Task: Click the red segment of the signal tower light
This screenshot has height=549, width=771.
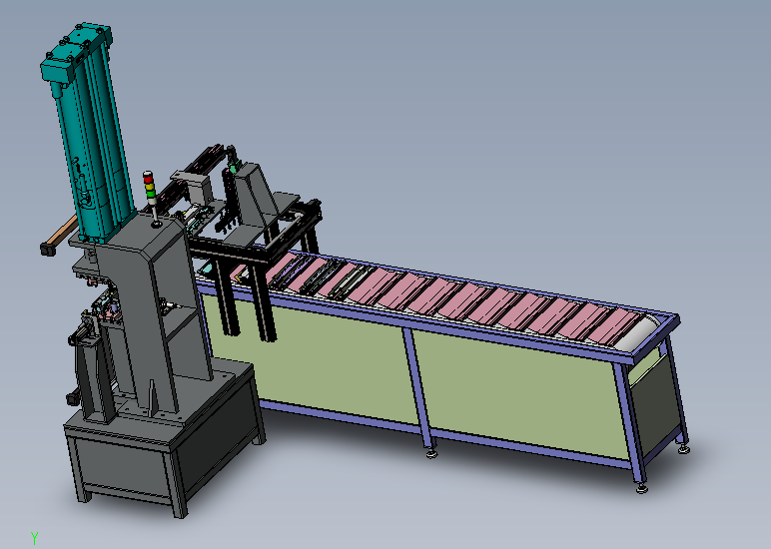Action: tap(148, 178)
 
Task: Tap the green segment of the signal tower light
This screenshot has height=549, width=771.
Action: tap(150, 194)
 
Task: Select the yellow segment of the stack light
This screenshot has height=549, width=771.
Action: tap(149, 186)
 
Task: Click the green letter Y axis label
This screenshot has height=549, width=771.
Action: tap(34, 538)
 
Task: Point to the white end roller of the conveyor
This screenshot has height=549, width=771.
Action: tap(638, 333)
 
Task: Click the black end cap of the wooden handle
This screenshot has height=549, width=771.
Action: tap(47, 250)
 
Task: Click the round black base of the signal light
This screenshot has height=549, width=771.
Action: tap(157, 225)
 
